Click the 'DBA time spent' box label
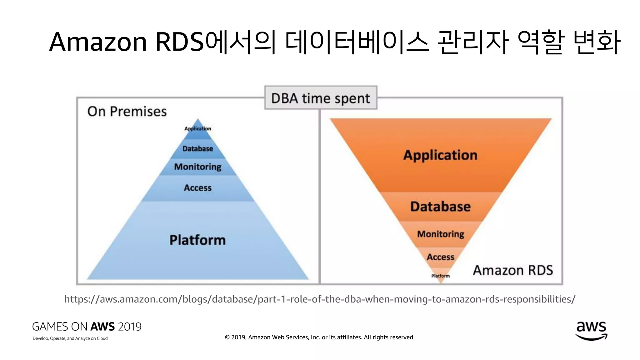320,98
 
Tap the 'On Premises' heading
127,112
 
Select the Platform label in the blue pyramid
197,240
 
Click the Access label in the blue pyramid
197,188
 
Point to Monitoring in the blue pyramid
197,167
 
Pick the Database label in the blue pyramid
197,149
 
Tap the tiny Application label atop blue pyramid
197,129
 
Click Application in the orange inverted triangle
440,155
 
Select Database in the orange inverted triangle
440,207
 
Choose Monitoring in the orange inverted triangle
441,234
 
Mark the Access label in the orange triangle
440,257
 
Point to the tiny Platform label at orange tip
440,276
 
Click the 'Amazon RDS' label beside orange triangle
513,270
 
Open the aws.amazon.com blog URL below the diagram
320,299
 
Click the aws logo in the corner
591,331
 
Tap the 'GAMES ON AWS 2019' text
87,327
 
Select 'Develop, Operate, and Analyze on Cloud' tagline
70,338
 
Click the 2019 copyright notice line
320,337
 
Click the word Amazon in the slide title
98,42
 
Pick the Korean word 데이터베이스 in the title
357,42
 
